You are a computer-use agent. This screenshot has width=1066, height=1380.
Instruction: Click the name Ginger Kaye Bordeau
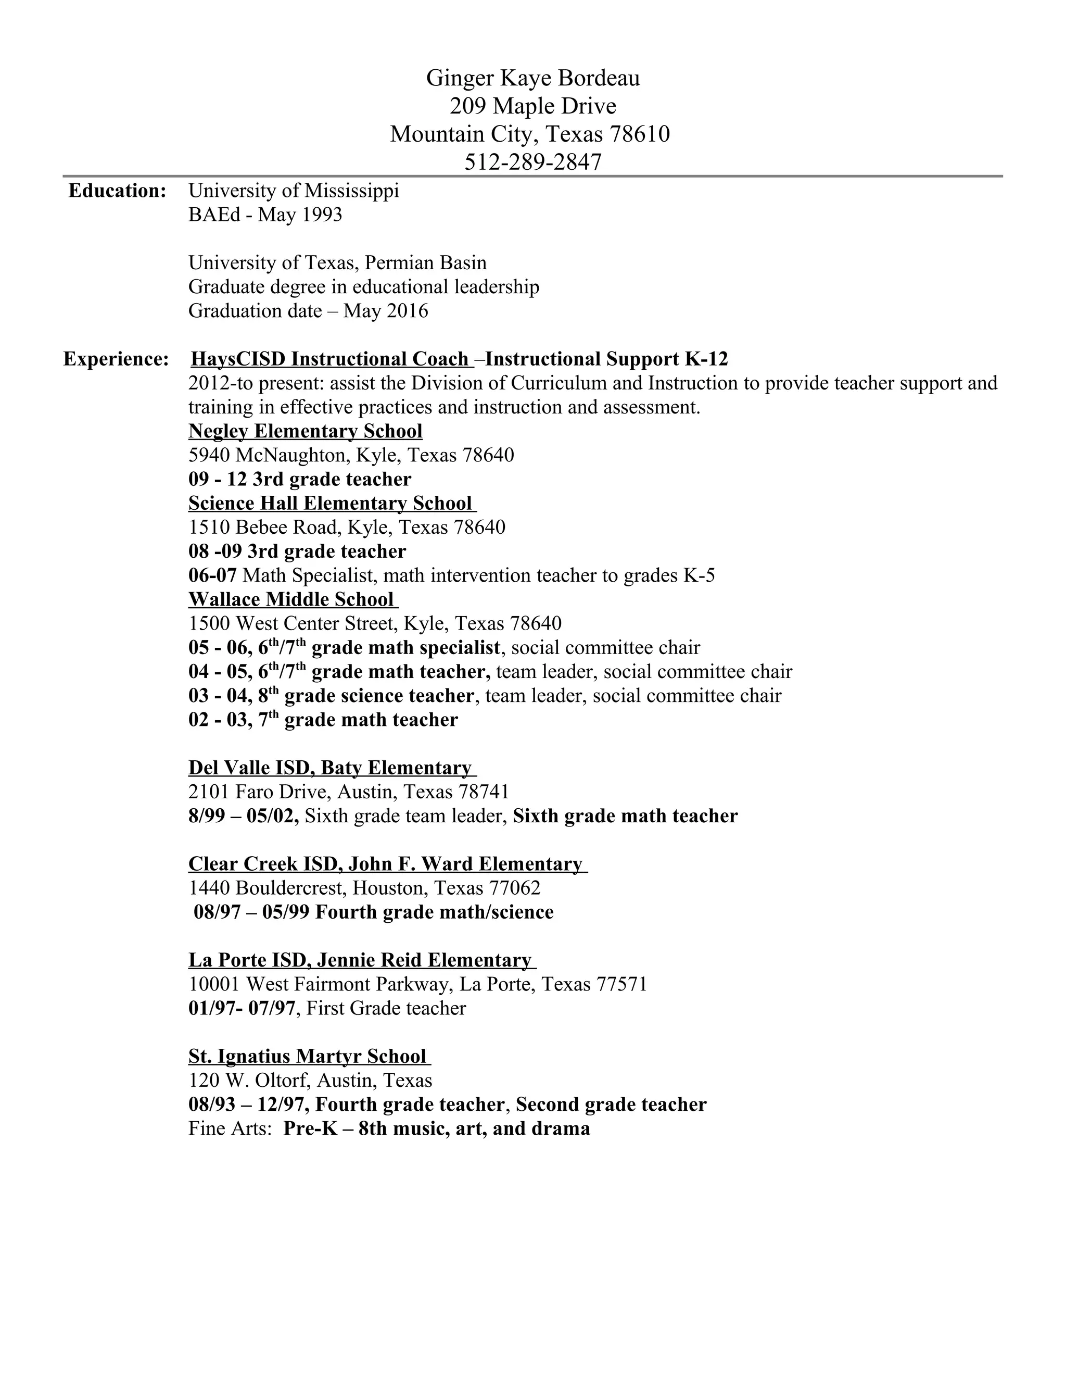[532, 78]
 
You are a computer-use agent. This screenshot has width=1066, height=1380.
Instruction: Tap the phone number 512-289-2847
[532, 162]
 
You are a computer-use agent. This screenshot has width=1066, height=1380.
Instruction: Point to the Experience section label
[116, 359]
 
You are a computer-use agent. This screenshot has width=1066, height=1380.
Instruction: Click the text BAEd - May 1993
[265, 215]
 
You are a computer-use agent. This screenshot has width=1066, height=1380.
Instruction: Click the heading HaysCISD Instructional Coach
[329, 359]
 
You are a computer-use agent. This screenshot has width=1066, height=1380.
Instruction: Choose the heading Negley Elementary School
[305, 431]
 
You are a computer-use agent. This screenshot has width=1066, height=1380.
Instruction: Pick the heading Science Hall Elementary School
[329, 503]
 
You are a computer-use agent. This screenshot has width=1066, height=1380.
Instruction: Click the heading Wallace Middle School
[291, 599]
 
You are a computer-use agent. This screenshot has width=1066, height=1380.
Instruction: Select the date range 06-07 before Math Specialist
[212, 575]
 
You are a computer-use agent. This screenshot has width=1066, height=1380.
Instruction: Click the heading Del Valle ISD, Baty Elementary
[329, 768]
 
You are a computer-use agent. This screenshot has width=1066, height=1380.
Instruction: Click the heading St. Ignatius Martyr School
[307, 1056]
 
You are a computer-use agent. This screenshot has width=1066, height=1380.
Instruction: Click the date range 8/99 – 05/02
[243, 816]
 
